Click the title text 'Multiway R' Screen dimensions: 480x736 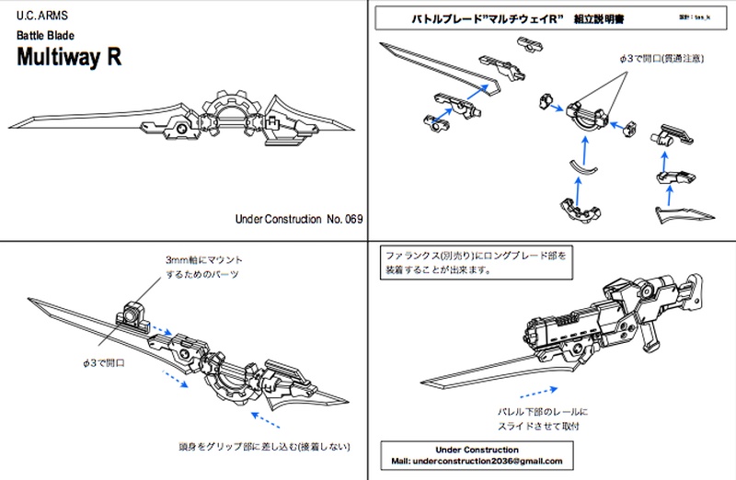[69, 55]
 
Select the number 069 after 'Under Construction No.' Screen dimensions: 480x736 [351, 220]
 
